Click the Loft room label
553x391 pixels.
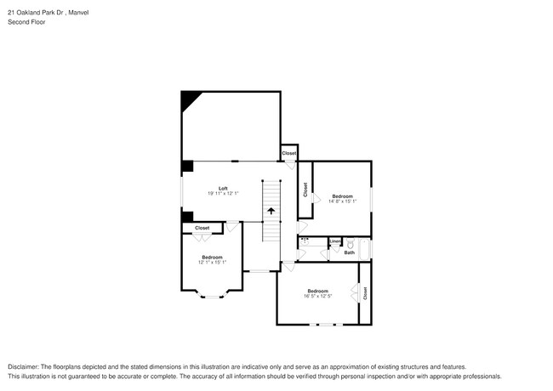[x=223, y=188]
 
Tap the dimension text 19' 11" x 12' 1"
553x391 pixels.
[x=223, y=194]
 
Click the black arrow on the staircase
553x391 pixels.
[x=271, y=211]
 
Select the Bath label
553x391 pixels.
[x=349, y=252]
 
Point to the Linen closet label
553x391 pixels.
[x=335, y=241]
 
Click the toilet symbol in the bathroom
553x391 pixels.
[x=350, y=243]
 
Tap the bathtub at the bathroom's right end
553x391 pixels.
[x=365, y=249]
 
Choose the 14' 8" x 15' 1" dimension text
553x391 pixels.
[x=342, y=201]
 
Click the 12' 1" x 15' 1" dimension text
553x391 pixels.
[x=212, y=262]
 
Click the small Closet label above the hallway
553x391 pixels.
[x=289, y=153]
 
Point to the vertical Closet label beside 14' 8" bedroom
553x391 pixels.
[x=305, y=190]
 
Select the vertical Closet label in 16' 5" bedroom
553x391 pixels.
[x=365, y=293]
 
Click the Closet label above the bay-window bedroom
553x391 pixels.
[x=202, y=228]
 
